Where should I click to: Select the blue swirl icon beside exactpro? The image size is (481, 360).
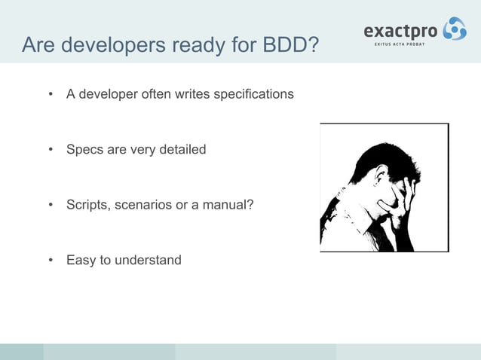(454, 29)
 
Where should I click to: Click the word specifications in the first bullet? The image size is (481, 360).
(254, 95)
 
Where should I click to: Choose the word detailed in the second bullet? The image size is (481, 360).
(181, 150)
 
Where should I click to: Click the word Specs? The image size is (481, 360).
(84, 150)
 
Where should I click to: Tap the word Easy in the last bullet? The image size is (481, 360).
(81, 261)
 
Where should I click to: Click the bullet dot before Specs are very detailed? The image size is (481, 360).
(51, 150)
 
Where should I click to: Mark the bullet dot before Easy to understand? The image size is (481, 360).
(51, 261)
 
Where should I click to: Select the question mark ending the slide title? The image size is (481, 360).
(311, 47)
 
